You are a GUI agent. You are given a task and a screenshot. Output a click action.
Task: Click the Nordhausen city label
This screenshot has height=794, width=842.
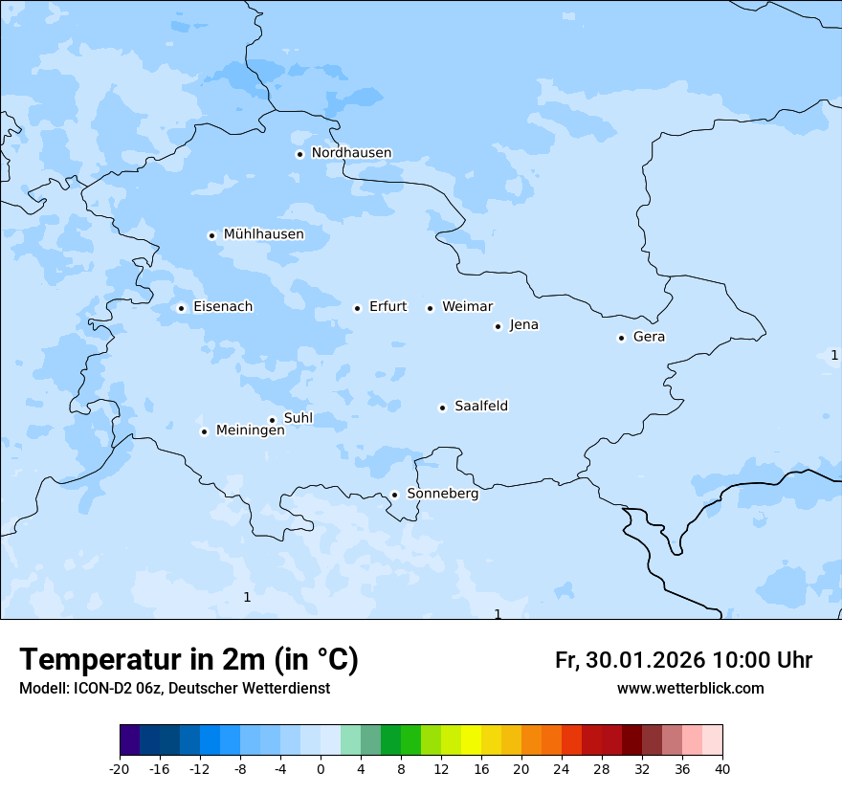(x=351, y=153)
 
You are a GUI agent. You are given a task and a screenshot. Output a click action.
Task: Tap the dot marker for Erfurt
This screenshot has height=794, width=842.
(x=357, y=308)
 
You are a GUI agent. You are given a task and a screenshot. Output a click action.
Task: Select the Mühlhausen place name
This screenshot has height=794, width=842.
(x=263, y=234)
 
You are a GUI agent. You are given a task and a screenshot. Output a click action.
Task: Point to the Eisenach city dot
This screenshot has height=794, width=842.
(x=181, y=308)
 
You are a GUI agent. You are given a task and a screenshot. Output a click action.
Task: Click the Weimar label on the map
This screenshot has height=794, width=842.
(x=467, y=307)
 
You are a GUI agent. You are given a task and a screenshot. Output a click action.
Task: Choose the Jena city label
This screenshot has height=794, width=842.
(x=523, y=325)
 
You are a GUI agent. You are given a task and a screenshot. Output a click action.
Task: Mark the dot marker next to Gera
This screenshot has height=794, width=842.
(x=621, y=338)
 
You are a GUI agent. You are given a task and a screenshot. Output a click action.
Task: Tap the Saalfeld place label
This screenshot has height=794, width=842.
(x=480, y=407)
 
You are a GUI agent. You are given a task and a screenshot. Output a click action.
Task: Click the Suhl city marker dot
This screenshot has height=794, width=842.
(x=272, y=420)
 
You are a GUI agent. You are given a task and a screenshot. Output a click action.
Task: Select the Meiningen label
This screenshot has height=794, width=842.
(x=250, y=430)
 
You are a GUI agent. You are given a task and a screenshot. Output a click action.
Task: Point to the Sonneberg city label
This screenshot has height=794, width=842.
(x=442, y=494)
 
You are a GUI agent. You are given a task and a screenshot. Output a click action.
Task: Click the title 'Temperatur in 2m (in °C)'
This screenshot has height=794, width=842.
(x=188, y=659)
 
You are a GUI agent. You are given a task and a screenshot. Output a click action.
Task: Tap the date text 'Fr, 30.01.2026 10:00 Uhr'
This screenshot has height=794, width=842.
(x=683, y=660)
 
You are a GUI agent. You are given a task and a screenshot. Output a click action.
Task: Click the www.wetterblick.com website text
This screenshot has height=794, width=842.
(x=690, y=688)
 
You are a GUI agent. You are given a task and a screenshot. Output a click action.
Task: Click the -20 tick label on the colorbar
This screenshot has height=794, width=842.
(x=120, y=768)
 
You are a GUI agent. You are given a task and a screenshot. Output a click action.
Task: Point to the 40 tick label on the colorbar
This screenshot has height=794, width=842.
(x=721, y=768)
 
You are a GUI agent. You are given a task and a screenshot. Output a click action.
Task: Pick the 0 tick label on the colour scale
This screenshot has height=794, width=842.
(x=321, y=768)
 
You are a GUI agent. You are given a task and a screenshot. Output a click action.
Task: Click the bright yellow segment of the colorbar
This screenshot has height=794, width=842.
(x=471, y=740)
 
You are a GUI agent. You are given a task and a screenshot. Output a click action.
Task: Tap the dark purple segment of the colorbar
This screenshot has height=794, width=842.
(x=129, y=740)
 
